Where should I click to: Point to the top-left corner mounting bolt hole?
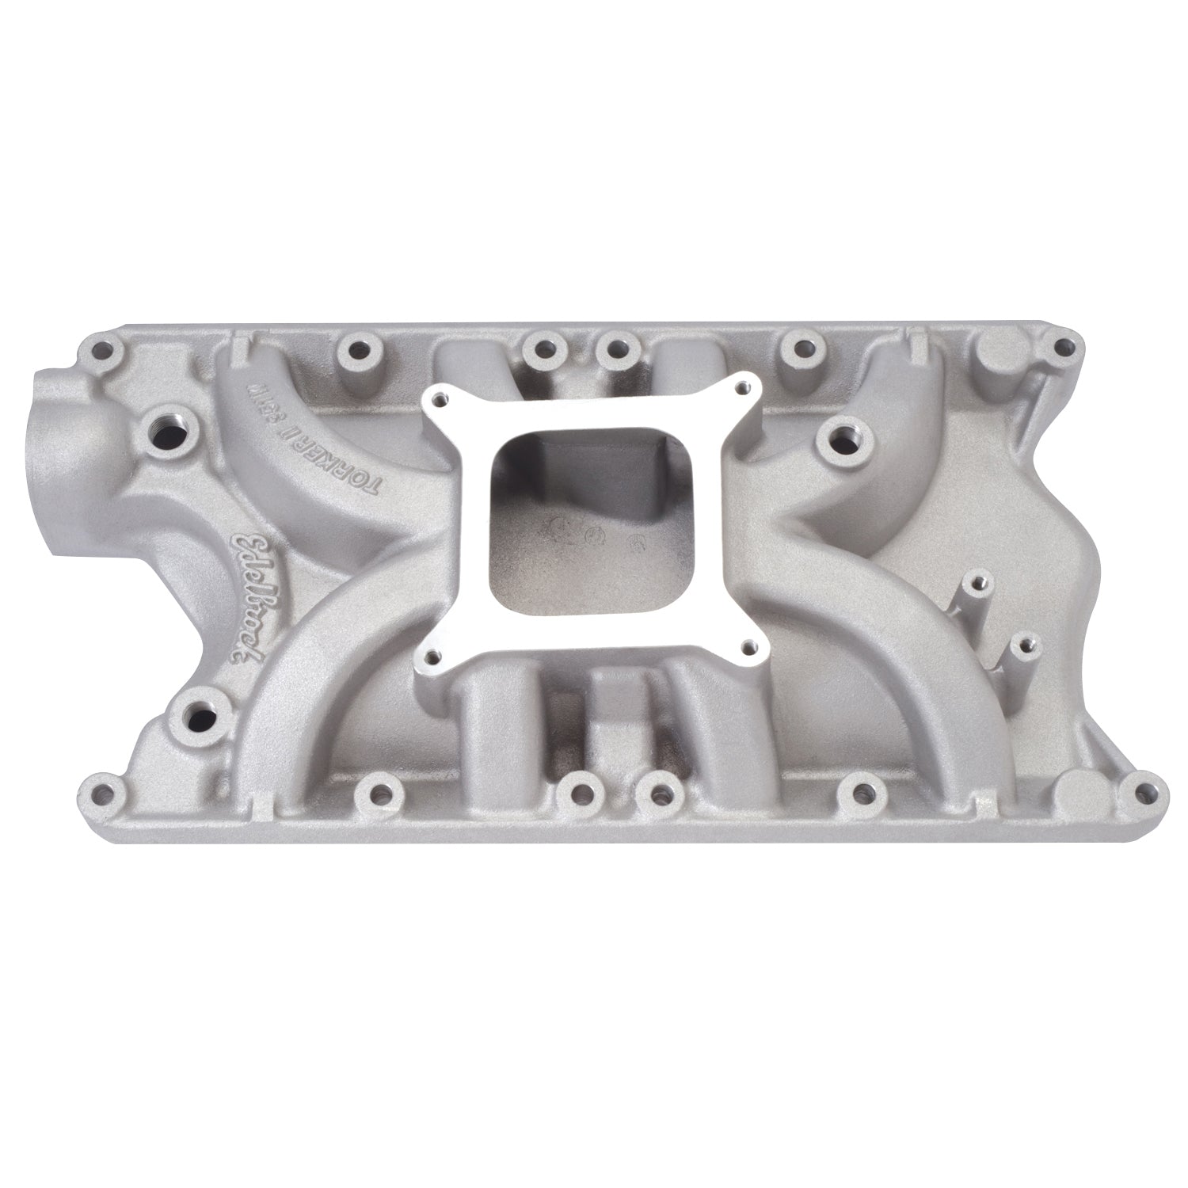101,348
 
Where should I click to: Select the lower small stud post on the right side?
1027,645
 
